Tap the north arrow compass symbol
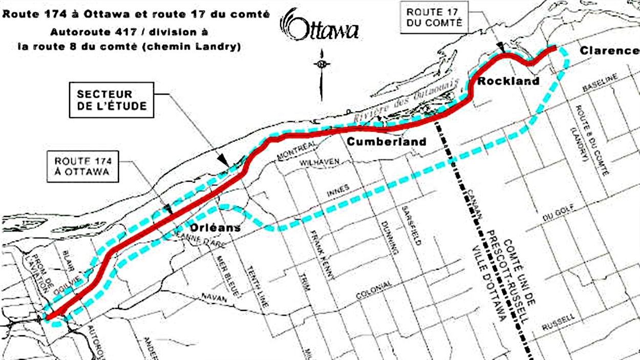(322, 65)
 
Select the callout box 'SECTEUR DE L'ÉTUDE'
(112, 100)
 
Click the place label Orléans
(216, 227)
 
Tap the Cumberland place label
(387, 141)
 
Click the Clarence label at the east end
(609, 51)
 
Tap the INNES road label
(337, 189)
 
